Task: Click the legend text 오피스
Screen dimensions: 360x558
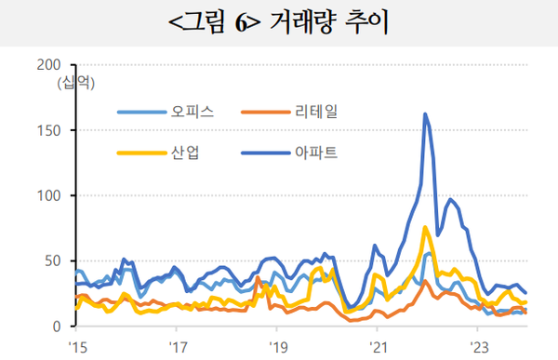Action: pyautogui.click(x=193, y=112)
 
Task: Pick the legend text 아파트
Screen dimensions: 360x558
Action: pyautogui.click(x=313, y=152)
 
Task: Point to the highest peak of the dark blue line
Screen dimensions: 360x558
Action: pyautogui.click(x=425, y=114)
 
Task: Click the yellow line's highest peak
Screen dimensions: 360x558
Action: pyautogui.click(x=425, y=228)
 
